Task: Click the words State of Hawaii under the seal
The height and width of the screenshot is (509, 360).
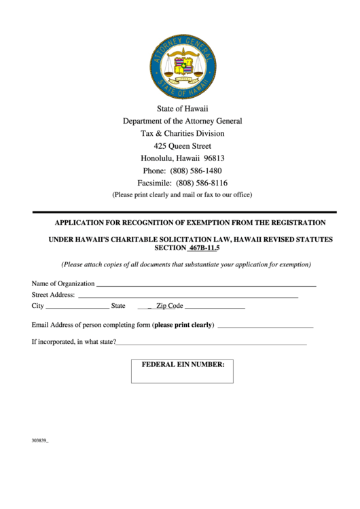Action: click(x=183, y=109)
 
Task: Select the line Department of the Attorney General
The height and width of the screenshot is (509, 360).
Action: click(x=182, y=121)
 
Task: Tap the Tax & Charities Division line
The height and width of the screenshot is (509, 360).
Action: click(x=182, y=133)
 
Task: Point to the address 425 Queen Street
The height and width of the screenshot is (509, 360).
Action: click(x=182, y=146)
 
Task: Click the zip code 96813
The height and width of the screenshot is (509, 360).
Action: click(x=214, y=158)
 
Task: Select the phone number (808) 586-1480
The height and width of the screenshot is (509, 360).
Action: click(x=196, y=171)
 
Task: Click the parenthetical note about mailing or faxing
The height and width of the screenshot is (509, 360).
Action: click(x=182, y=194)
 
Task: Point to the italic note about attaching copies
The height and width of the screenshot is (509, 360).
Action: click(x=181, y=264)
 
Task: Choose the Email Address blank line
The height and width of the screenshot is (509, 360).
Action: click(x=265, y=327)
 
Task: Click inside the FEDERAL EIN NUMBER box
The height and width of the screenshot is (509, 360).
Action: click(x=182, y=376)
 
